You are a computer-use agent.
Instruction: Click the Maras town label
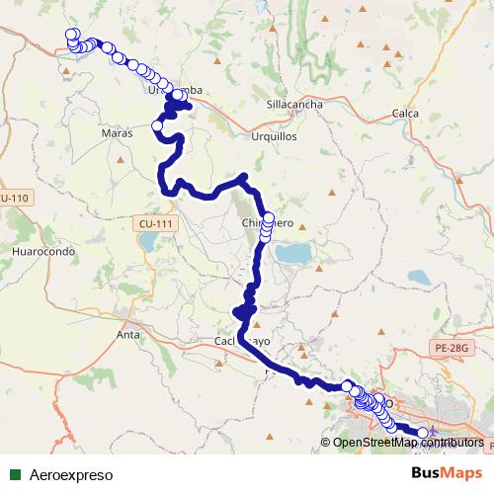coord(117,131)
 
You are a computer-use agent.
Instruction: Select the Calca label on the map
coord(405,114)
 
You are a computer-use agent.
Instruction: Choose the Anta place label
coord(128,335)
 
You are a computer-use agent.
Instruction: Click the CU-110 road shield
coord(14,199)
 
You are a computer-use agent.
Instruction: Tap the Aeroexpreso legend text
coord(71,474)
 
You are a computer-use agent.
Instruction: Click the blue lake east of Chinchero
coord(293,254)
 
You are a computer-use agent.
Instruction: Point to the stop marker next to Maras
coord(157,125)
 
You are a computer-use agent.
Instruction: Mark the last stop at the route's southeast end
coord(424,433)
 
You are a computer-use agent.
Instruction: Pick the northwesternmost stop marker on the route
coord(71,35)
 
